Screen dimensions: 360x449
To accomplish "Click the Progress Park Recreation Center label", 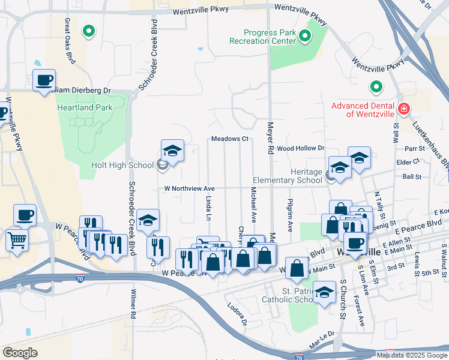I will [x=263, y=37].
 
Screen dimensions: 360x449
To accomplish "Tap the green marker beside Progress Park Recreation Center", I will [x=304, y=37].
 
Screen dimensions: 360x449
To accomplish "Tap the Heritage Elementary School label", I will [x=288, y=176].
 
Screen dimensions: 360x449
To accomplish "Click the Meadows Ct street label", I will [x=229, y=139].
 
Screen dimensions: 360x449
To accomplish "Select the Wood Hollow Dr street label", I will [x=300, y=148].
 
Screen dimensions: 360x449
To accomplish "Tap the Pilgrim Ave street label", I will [x=290, y=216].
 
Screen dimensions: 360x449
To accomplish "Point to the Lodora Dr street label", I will [x=237, y=313].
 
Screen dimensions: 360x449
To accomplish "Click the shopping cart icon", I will [x=17, y=240].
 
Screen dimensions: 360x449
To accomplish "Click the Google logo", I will [x=20, y=352].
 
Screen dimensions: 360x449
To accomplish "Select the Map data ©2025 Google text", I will [x=412, y=355].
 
